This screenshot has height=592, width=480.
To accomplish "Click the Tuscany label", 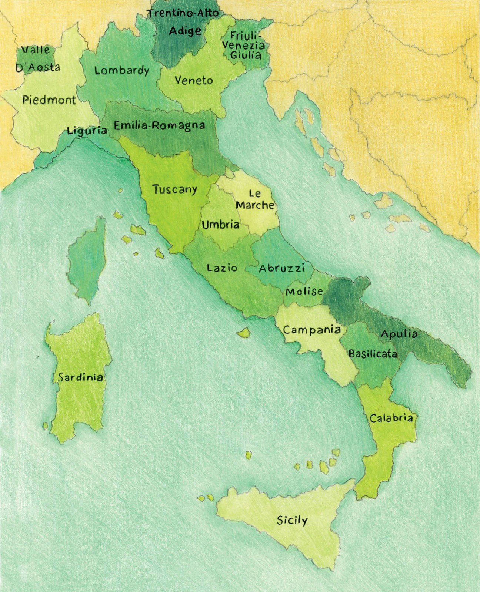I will (x=175, y=189).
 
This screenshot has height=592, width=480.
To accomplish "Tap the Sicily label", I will (x=292, y=521).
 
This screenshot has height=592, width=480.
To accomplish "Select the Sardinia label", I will (x=80, y=377).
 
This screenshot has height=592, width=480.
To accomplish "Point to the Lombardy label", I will (x=121, y=70).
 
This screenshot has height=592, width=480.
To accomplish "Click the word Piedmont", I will (x=49, y=100).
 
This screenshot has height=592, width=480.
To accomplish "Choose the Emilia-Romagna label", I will (x=159, y=125).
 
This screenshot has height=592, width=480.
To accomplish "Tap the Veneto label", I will (x=194, y=80).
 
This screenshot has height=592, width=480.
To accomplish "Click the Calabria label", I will (x=391, y=418).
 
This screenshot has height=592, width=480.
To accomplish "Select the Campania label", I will (x=312, y=329).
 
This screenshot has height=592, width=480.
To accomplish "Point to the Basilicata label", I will (x=373, y=354).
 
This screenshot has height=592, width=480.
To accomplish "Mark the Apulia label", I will (x=399, y=334).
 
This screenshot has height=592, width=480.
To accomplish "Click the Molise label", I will (x=304, y=291).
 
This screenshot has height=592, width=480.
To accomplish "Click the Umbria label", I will (x=220, y=224).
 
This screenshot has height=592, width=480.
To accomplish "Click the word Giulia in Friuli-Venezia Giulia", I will (x=246, y=55).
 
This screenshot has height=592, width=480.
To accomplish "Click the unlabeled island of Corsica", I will (x=86, y=259).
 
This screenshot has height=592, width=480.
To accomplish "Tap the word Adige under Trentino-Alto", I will (x=185, y=31).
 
